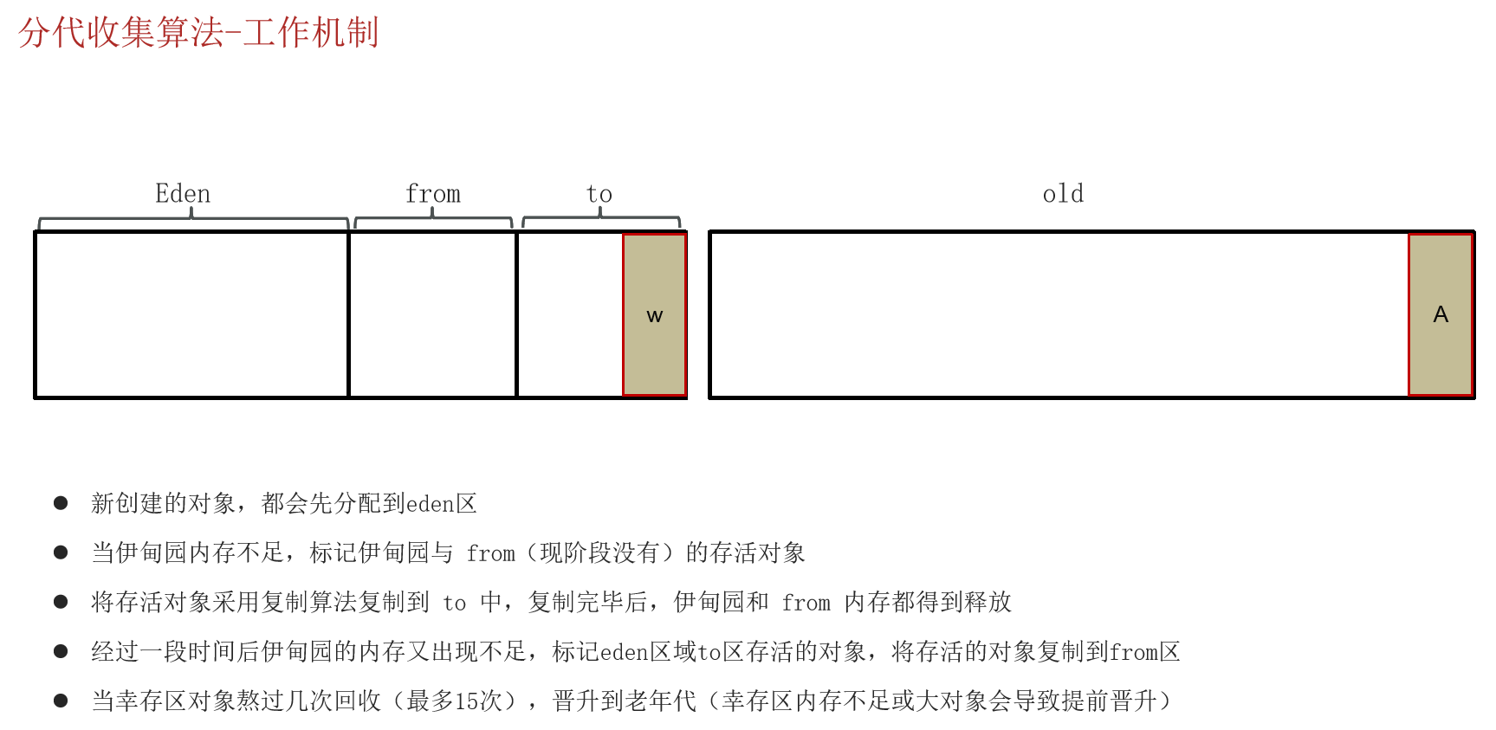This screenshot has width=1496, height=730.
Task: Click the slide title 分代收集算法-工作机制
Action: tap(198, 33)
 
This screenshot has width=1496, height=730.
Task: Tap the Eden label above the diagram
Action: tap(183, 194)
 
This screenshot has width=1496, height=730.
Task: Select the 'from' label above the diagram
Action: tap(433, 194)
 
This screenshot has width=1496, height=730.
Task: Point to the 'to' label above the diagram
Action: tap(599, 194)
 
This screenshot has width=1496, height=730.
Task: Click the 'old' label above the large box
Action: tap(1063, 194)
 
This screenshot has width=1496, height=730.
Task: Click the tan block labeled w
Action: tap(654, 314)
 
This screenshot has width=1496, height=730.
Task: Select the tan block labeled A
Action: tap(1440, 314)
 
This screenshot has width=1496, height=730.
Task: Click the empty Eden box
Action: tap(191, 314)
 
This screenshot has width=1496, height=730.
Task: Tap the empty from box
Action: tap(432, 314)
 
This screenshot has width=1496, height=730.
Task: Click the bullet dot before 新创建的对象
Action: tap(61, 503)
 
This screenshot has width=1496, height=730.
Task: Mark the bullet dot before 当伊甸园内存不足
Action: tap(61, 552)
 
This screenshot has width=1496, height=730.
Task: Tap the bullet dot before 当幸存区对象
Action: tap(61, 701)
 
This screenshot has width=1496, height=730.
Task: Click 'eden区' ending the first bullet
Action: tap(442, 504)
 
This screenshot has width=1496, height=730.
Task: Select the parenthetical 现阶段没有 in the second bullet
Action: tap(599, 553)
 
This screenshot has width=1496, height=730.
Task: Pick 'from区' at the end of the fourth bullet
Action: tap(1144, 652)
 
